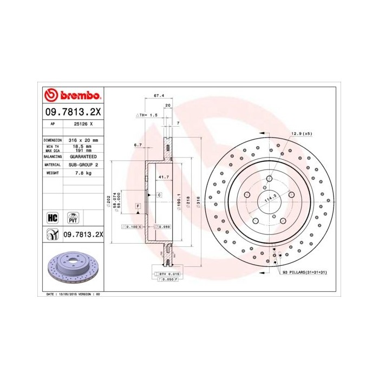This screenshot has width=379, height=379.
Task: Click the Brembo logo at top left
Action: click(x=72, y=96)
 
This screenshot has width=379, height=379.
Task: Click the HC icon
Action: click(x=53, y=218)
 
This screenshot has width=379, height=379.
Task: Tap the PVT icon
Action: click(x=72, y=218)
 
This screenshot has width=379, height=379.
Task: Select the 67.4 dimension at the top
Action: click(x=159, y=95)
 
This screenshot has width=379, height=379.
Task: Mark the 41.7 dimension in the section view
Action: click(x=161, y=177)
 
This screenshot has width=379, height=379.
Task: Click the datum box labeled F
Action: click(x=138, y=206)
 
